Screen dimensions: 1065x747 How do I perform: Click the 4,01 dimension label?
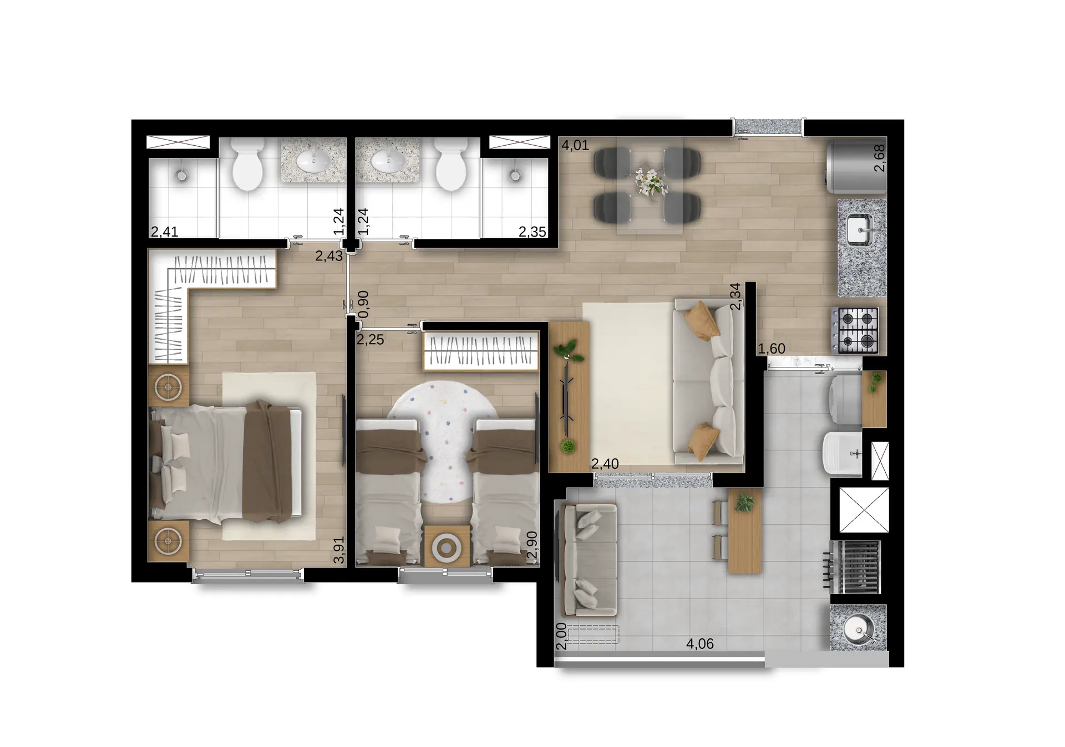click(575, 146)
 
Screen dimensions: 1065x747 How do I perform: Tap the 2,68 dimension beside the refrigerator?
click(879, 158)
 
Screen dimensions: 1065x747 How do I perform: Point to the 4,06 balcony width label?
click(700, 644)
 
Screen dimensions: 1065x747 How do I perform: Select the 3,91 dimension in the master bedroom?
click(338, 550)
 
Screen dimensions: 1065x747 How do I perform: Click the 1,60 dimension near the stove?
click(772, 349)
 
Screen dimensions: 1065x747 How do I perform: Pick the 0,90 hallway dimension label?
click(364, 304)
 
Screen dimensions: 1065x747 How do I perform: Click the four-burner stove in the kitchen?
click(855, 331)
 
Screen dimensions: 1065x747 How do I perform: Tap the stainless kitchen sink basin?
click(859, 229)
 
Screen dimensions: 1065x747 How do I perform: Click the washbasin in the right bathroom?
click(387, 162)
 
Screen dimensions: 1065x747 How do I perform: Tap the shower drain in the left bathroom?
click(181, 176)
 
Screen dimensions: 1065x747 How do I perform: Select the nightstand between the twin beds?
click(447, 546)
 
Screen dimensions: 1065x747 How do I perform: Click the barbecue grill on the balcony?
click(855, 567)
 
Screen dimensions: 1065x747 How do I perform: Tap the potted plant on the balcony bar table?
click(744, 503)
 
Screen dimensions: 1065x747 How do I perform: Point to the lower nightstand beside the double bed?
click(169, 541)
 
